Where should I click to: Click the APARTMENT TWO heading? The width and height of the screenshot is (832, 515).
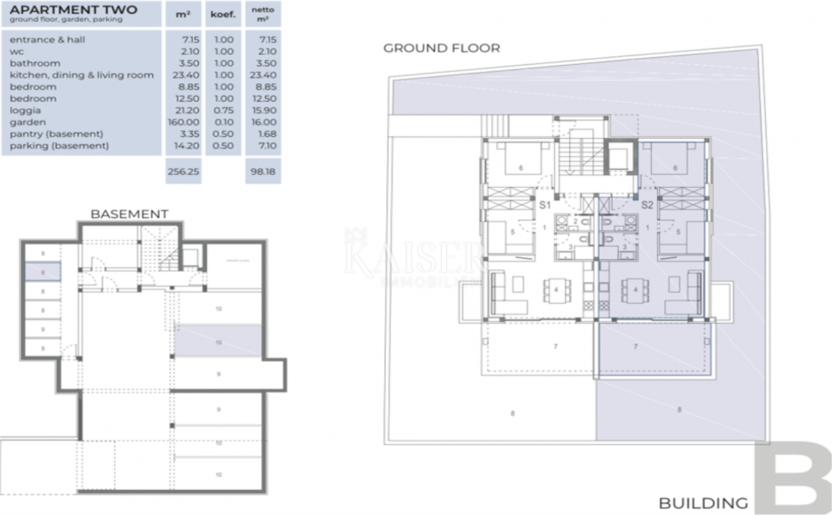click(x=73, y=10)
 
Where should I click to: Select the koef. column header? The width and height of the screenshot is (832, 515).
click(x=223, y=14)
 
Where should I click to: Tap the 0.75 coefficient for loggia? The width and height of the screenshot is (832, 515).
click(x=223, y=110)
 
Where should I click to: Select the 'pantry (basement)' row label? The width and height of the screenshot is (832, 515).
click(x=56, y=134)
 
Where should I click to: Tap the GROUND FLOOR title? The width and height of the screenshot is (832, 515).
click(x=442, y=48)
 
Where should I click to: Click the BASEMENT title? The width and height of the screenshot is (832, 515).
click(x=129, y=214)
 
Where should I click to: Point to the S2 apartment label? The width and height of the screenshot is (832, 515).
click(x=647, y=205)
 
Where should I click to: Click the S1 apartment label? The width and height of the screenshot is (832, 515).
click(x=545, y=205)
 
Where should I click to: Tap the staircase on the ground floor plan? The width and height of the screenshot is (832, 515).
click(x=573, y=155)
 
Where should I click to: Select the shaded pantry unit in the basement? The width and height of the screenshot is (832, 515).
click(x=43, y=272)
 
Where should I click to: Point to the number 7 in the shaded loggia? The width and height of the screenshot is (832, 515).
click(x=635, y=345)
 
